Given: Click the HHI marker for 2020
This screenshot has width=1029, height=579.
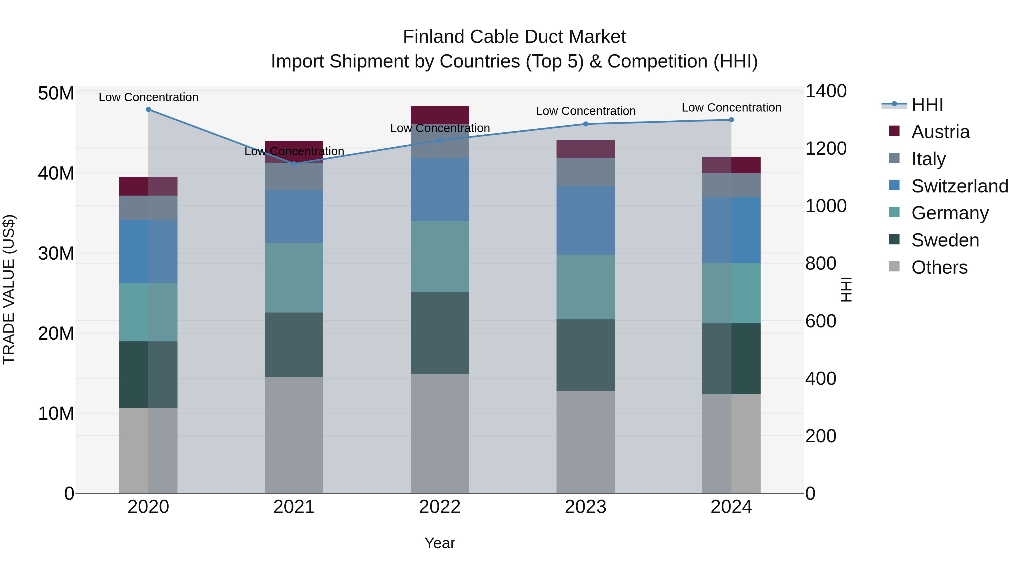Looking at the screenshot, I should click(148, 110).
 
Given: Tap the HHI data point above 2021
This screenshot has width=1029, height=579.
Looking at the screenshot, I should click(294, 164).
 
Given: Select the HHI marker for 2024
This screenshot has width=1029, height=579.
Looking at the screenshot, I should click(731, 120).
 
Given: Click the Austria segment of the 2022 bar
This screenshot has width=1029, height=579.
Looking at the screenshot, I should click(440, 115).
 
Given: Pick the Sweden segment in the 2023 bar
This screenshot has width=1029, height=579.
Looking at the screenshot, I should click(586, 355).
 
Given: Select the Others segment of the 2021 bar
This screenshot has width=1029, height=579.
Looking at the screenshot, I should click(294, 435).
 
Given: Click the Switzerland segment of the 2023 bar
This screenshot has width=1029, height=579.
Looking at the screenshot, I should click(586, 220).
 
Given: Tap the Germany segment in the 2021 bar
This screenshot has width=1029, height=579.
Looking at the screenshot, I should click(294, 278).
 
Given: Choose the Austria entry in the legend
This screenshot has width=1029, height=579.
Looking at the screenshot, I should click(940, 132).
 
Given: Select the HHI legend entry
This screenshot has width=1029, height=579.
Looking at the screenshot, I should click(927, 105).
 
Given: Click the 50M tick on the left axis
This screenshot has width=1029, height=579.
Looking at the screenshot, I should click(56, 93).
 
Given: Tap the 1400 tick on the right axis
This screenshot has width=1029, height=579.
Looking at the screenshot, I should click(825, 91).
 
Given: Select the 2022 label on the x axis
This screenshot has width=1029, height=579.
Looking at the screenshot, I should click(440, 507).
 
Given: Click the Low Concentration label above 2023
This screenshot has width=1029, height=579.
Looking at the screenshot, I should click(586, 111).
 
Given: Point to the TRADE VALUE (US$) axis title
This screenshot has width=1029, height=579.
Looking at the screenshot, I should click(9, 289).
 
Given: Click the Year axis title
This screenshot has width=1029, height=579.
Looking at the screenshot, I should click(440, 543).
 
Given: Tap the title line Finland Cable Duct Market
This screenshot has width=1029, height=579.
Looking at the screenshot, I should click(514, 37).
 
